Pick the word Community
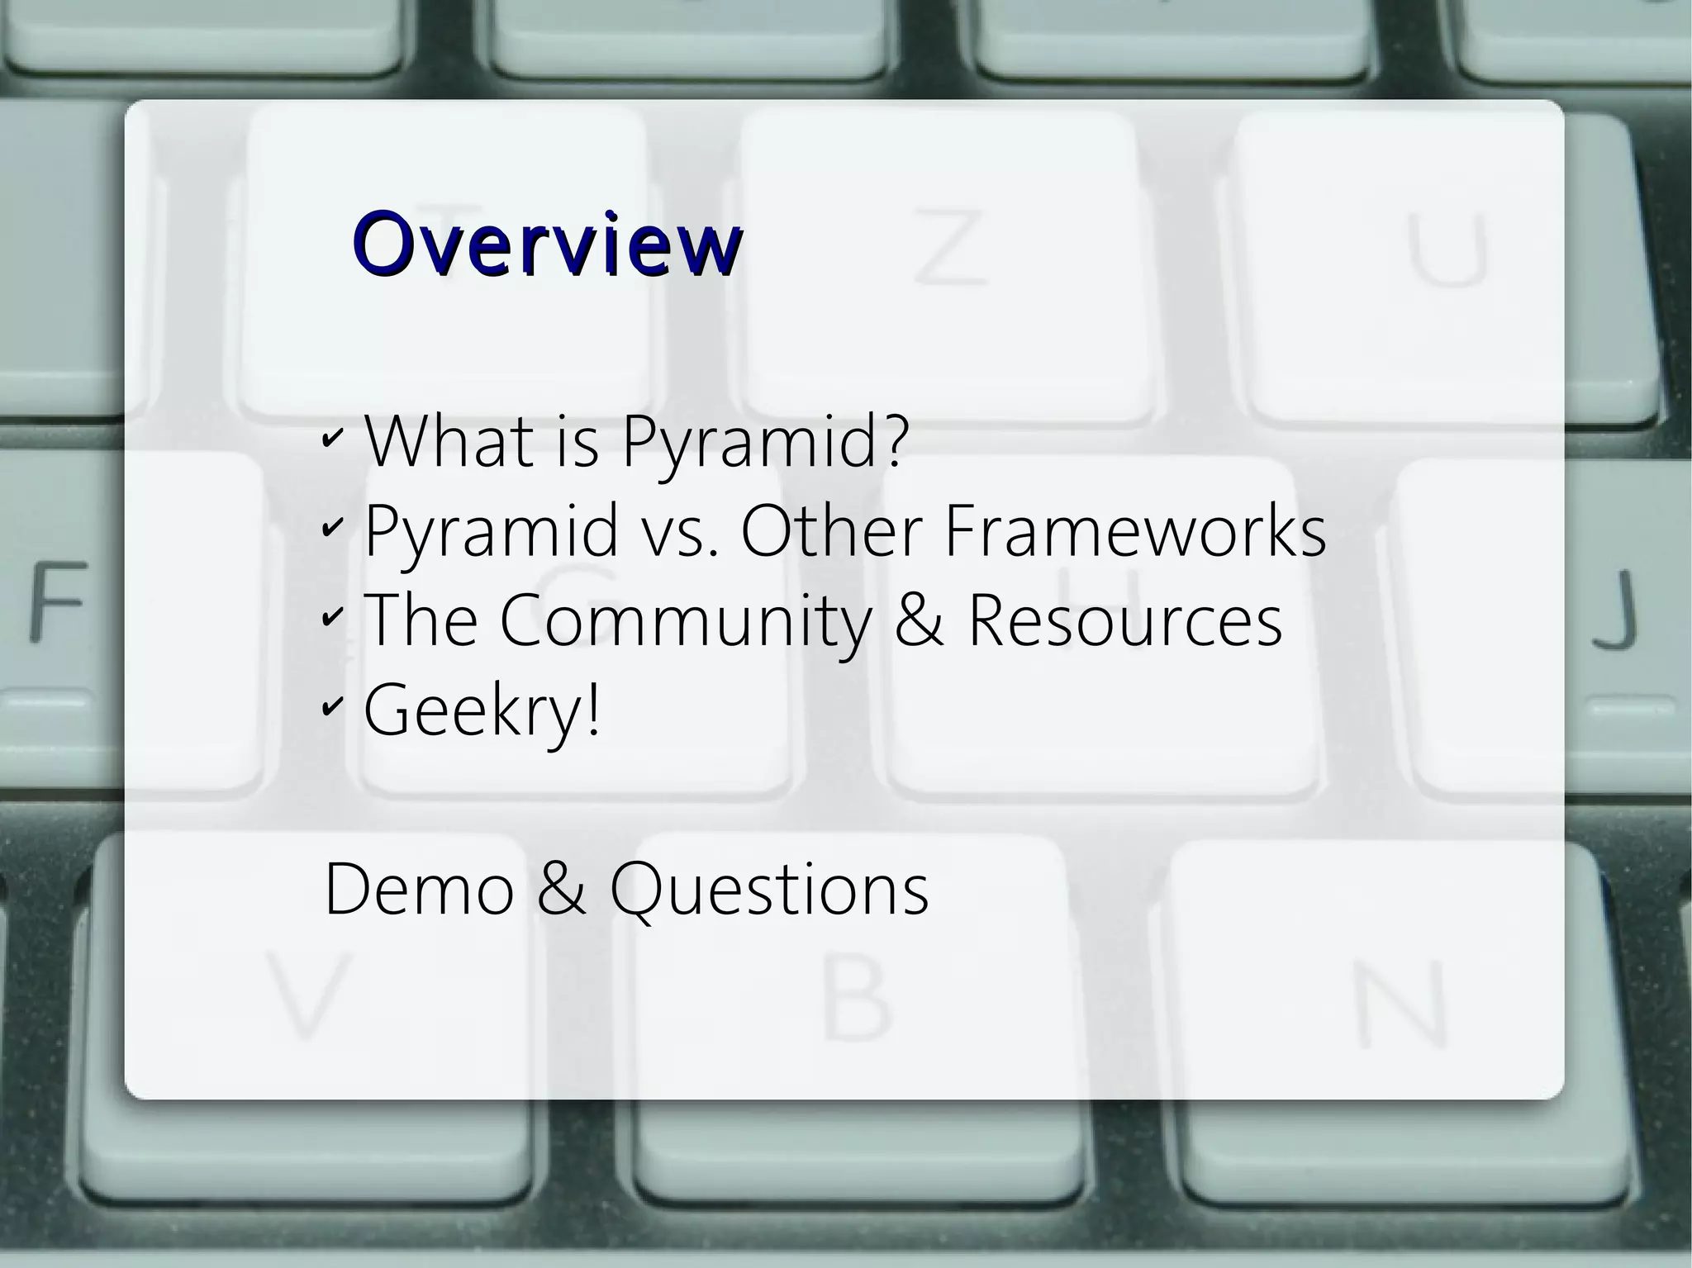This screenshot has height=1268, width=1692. [685, 621]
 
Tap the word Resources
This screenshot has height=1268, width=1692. [1124, 621]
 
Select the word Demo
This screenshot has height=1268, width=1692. [419, 890]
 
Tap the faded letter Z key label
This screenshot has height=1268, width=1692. [950, 246]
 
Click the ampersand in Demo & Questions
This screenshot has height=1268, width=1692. [561, 890]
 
